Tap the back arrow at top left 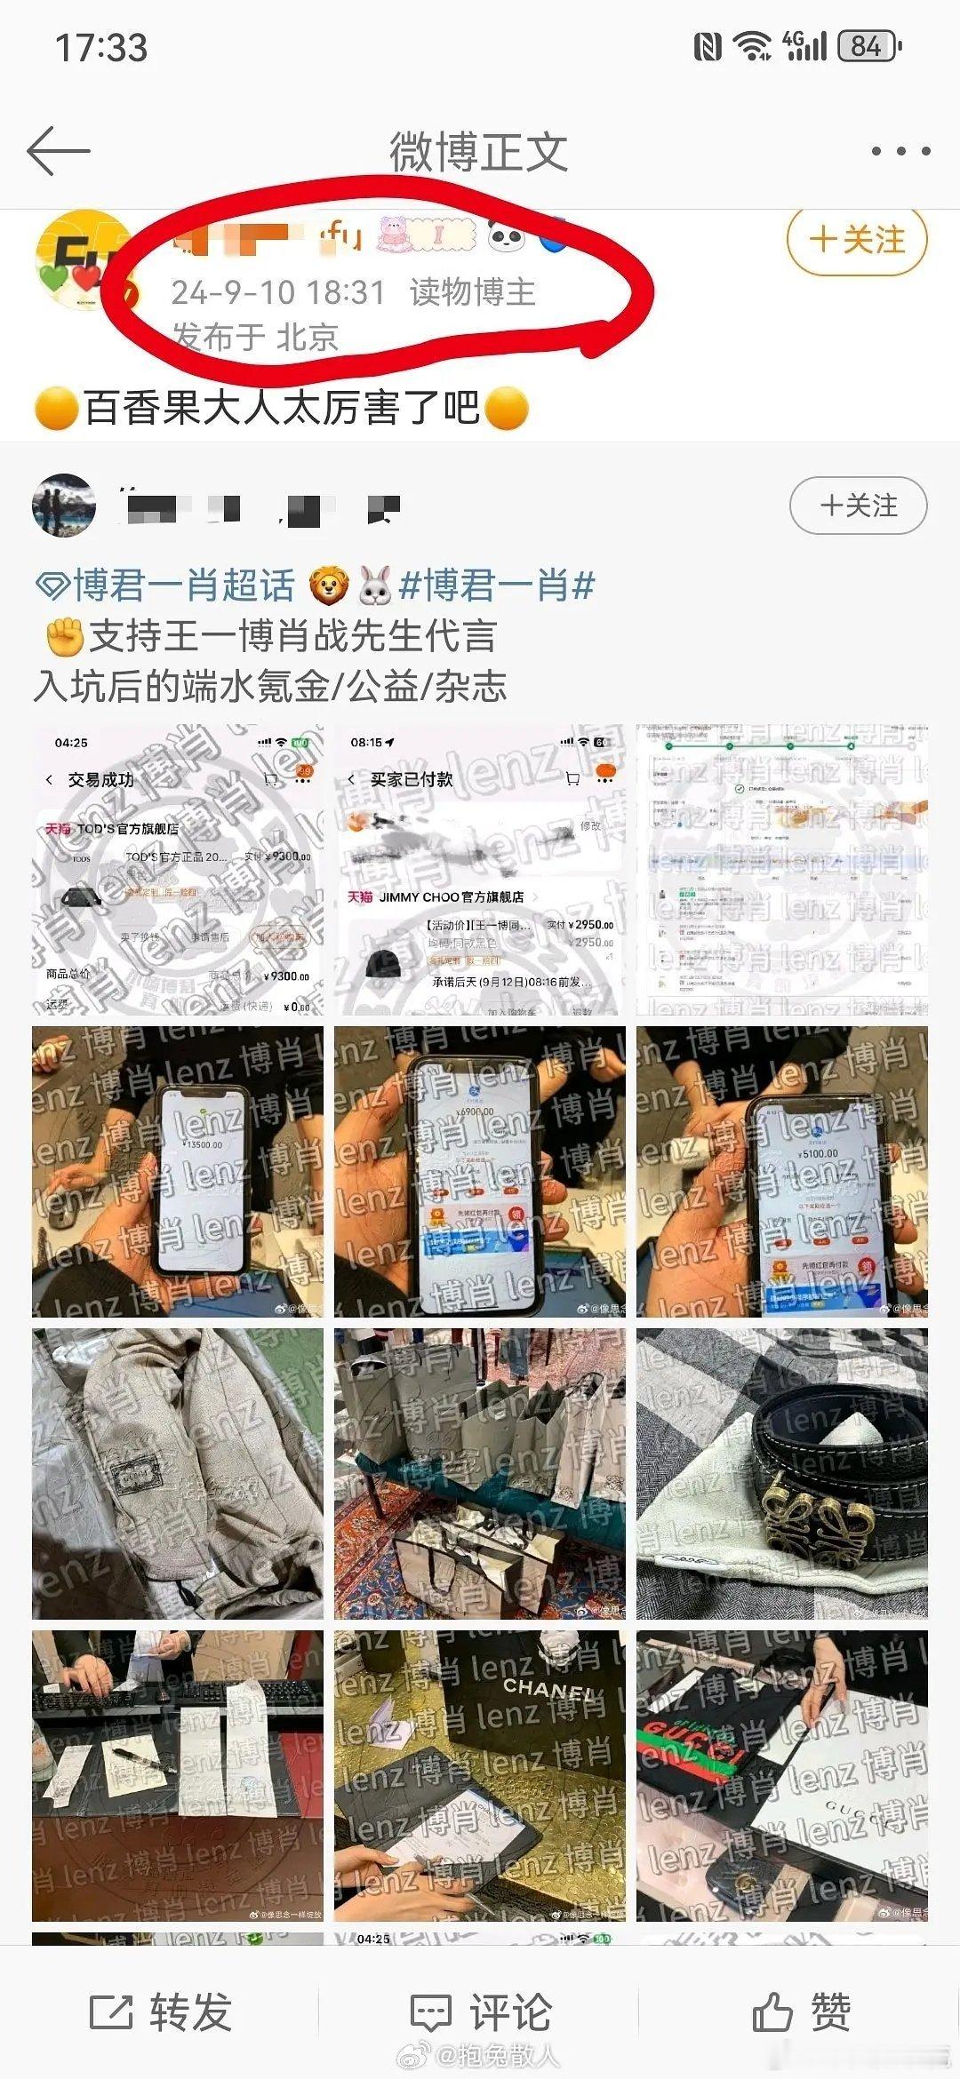click(59, 151)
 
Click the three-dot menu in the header click(900, 152)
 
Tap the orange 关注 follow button click(857, 240)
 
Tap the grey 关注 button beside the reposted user click(858, 506)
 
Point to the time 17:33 click(101, 47)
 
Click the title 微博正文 click(478, 152)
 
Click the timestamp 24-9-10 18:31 click(277, 292)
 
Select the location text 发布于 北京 click(256, 337)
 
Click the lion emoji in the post click(329, 586)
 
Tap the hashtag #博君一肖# click(497, 585)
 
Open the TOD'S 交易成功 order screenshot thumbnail click(178, 870)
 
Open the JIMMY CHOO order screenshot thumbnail click(480, 870)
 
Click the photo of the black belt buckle click(782, 1474)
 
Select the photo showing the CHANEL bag click(480, 1776)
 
